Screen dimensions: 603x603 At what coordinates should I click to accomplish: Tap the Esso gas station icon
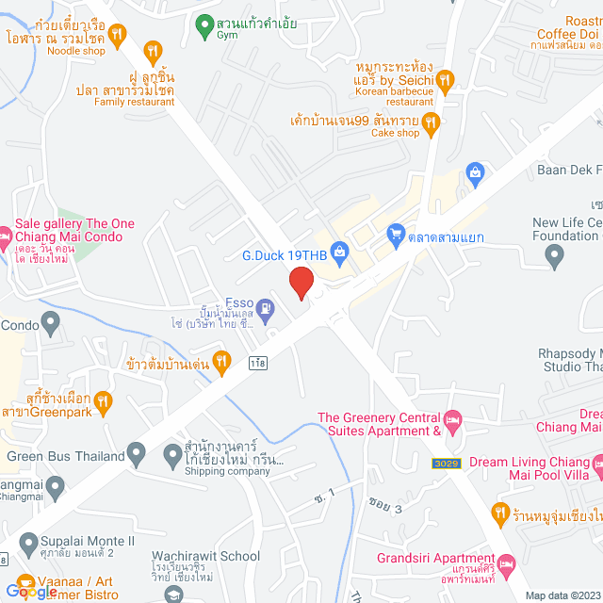point(267,307)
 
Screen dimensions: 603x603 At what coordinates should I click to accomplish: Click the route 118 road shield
point(257,363)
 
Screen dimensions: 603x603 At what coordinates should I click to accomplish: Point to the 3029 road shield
point(446,464)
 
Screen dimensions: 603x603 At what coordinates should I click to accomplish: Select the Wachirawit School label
point(206,556)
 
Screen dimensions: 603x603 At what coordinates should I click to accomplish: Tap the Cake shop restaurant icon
point(431,121)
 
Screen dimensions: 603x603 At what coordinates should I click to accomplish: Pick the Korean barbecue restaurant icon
point(446,80)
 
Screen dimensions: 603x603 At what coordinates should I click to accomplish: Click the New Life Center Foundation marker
point(558,255)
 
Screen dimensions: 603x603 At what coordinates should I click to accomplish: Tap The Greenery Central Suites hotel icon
point(453,418)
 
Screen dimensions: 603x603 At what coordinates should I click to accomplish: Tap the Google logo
point(30,591)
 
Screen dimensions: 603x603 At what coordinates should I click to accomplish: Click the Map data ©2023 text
point(561,595)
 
